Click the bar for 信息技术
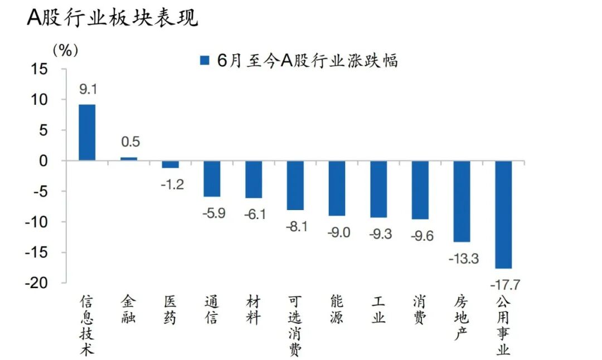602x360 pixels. (87, 133)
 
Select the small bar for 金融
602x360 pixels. (129, 159)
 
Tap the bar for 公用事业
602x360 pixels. (503, 215)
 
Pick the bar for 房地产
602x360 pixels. (462, 202)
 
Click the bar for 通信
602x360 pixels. (212, 179)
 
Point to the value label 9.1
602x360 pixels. (88, 89)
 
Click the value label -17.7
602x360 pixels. (505, 285)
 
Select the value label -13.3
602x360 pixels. (464, 259)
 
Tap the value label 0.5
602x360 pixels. (130, 142)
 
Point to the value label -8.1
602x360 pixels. (297, 227)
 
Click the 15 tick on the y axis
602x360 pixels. (39, 69)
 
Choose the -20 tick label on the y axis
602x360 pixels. (36, 283)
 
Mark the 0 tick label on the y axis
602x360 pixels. (43, 161)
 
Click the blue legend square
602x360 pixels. (205, 60)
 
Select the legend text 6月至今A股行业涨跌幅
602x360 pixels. (307, 61)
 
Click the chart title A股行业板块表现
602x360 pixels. (113, 17)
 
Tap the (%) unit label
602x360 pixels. (65, 50)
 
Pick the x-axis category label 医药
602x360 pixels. (170, 310)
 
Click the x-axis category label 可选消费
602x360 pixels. (295, 326)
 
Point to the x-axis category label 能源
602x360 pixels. (337, 310)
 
